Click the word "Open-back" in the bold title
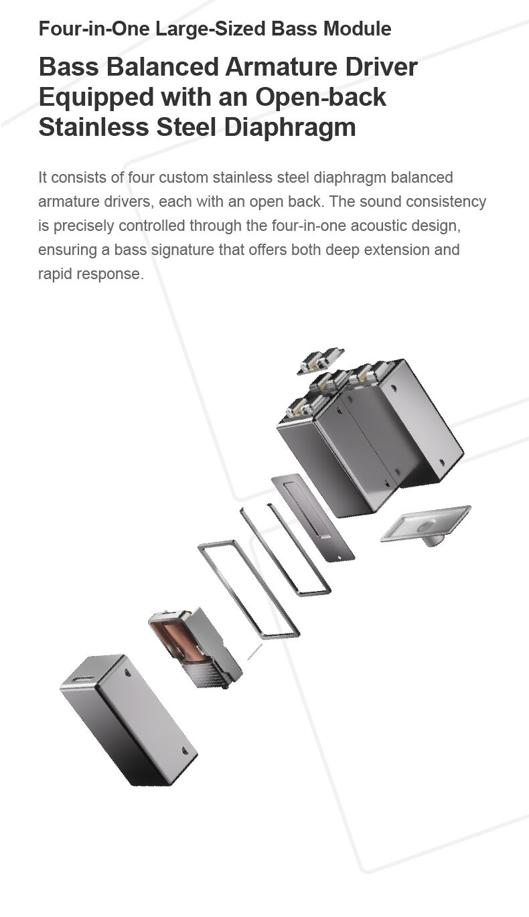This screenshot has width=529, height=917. tap(321, 98)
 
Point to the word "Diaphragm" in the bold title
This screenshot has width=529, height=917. tap(290, 128)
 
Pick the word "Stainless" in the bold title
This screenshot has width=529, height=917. tap(94, 127)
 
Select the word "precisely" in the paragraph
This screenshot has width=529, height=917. tap(84, 226)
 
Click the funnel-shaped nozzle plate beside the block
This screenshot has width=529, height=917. tap(426, 524)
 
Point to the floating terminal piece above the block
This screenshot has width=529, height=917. tap(320, 361)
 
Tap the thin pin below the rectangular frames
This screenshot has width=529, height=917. tap(254, 651)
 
